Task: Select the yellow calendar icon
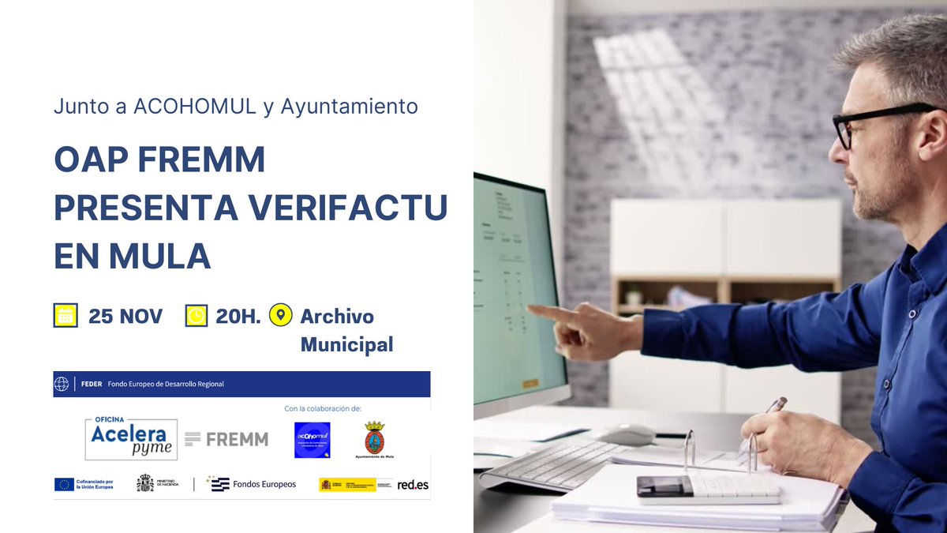(65, 316)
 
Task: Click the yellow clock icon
(196, 316)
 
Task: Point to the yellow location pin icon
(280, 315)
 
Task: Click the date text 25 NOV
(125, 317)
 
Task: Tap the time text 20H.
(238, 317)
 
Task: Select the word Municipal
(346, 345)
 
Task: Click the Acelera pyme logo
(131, 437)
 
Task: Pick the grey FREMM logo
(226, 439)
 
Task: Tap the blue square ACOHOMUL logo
(312, 440)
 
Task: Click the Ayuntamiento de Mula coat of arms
(374, 437)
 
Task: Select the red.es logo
(413, 484)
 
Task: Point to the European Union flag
(64, 484)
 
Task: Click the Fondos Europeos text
(264, 484)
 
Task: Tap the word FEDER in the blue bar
(91, 385)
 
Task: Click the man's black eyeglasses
(872, 122)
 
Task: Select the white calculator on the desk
(708, 490)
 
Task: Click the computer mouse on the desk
(626, 434)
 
